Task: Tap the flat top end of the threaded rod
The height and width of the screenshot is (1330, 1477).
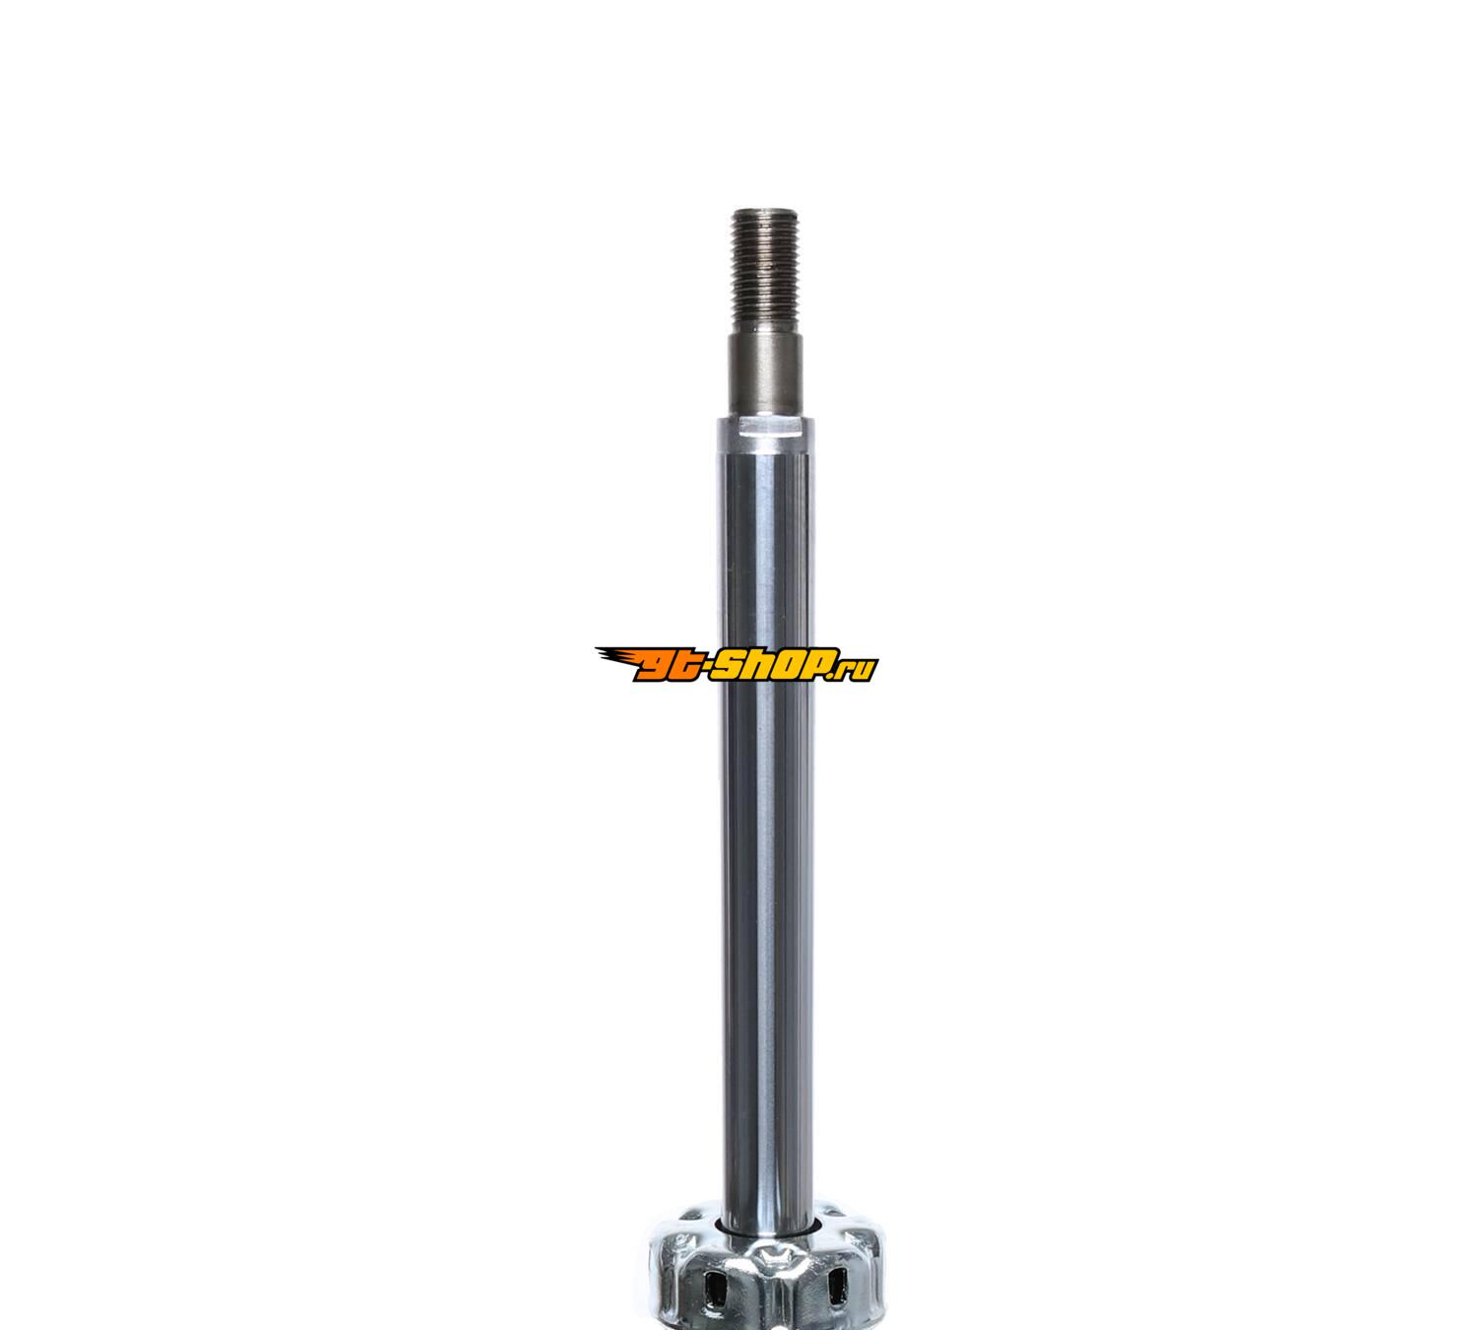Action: (x=766, y=212)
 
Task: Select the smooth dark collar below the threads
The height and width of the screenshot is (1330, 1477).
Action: (x=766, y=374)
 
